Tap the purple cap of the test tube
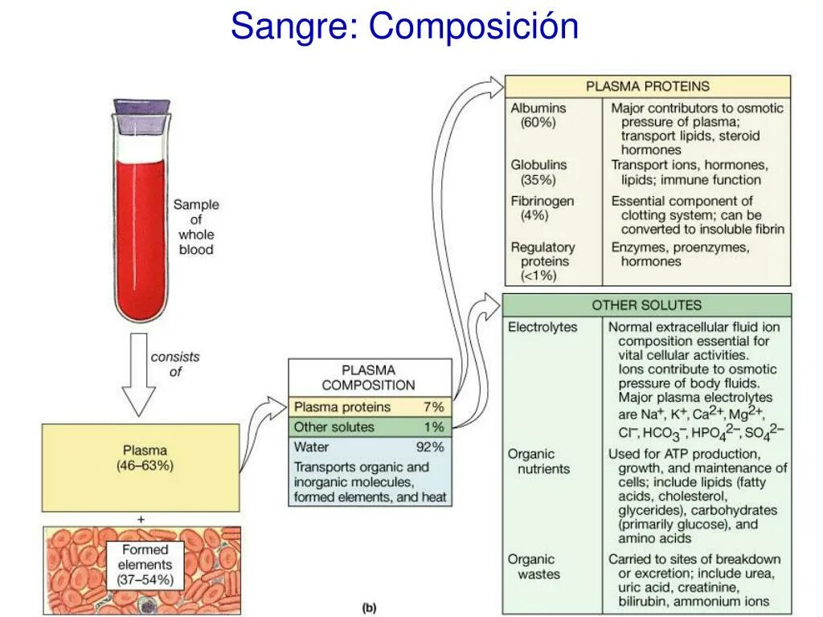tap(141, 106)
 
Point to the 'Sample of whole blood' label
tap(196, 227)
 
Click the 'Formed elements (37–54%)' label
tap(145, 565)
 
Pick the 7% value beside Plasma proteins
tap(433, 407)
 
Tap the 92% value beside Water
tap(429, 447)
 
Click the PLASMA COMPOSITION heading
tap(369, 378)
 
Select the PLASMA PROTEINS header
tap(647, 86)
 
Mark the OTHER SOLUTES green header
tap(646, 305)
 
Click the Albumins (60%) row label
tap(538, 115)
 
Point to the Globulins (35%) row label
tap(538, 172)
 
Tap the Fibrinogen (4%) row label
tap(543, 208)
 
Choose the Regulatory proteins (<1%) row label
tap(543, 262)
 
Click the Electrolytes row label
tap(543, 327)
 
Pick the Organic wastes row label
tap(533, 566)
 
